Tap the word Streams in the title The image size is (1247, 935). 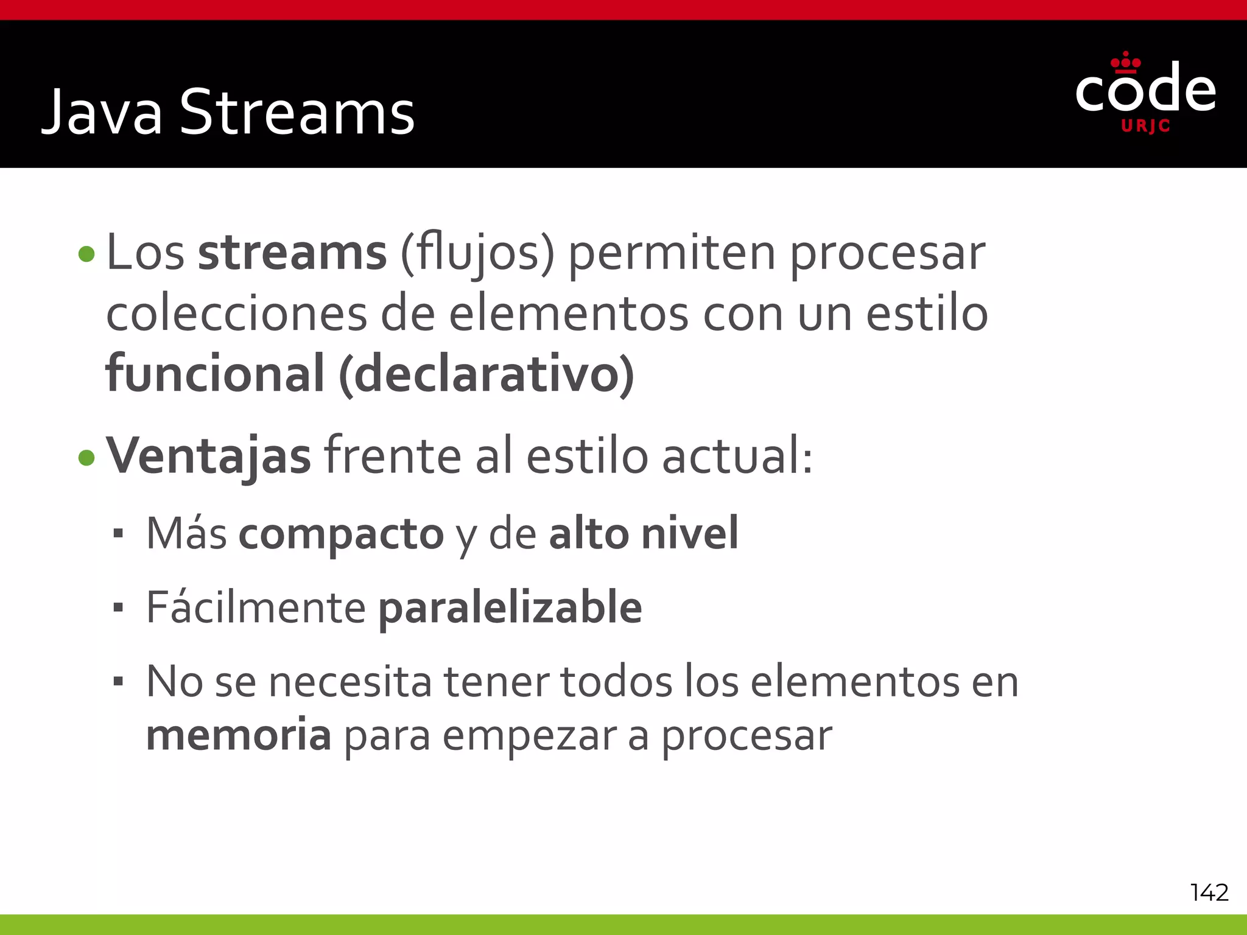click(297, 113)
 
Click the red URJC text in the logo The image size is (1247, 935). click(1145, 126)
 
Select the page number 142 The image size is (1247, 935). click(1209, 892)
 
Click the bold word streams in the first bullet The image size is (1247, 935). click(292, 253)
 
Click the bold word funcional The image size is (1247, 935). click(215, 373)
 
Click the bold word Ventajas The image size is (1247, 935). click(208, 457)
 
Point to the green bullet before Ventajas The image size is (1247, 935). click(87, 458)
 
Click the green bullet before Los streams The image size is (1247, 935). click(87, 254)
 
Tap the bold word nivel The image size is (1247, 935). click(690, 533)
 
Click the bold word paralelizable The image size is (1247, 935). click(510, 608)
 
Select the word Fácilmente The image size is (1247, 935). click(256, 608)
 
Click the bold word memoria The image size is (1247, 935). click(239, 735)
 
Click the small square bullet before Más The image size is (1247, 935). click(118, 534)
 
